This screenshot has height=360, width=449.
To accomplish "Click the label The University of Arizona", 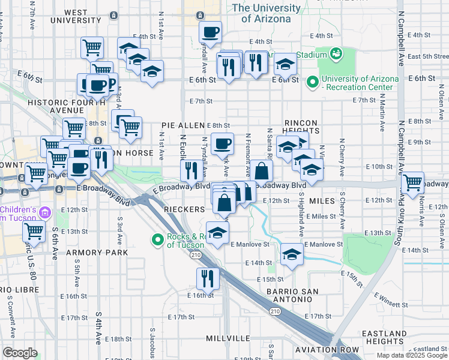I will pyautogui.click(x=266, y=13).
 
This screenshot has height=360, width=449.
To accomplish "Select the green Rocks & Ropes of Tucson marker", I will pyautogui.click(x=158, y=240).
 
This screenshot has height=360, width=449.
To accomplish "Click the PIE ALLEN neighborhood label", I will pyautogui.click(x=183, y=125).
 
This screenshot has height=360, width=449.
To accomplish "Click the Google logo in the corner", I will pyautogui.click(x=20, y=353).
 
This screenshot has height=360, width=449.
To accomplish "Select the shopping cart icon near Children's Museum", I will pyautogui.click(x=34, y=231).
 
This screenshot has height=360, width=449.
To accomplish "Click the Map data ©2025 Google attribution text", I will pyautogui.click(x=412, y=355).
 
